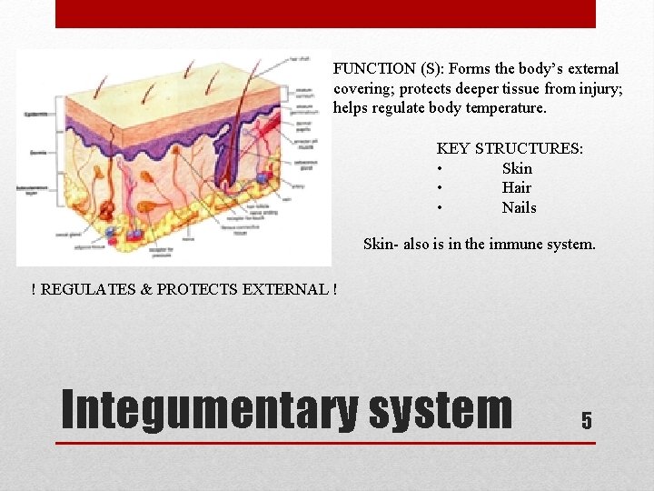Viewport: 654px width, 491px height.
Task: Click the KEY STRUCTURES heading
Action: [510, 148]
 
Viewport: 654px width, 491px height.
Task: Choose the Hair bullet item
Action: [516, 187]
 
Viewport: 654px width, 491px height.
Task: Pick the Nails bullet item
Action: [519, 207]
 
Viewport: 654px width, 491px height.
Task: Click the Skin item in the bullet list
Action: [517, 168]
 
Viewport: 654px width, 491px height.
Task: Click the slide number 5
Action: [586, 420]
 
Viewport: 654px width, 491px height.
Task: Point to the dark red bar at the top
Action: [325, 14]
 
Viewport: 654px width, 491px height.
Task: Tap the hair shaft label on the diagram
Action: [299, 59]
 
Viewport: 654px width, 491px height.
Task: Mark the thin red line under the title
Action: [325, 443]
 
